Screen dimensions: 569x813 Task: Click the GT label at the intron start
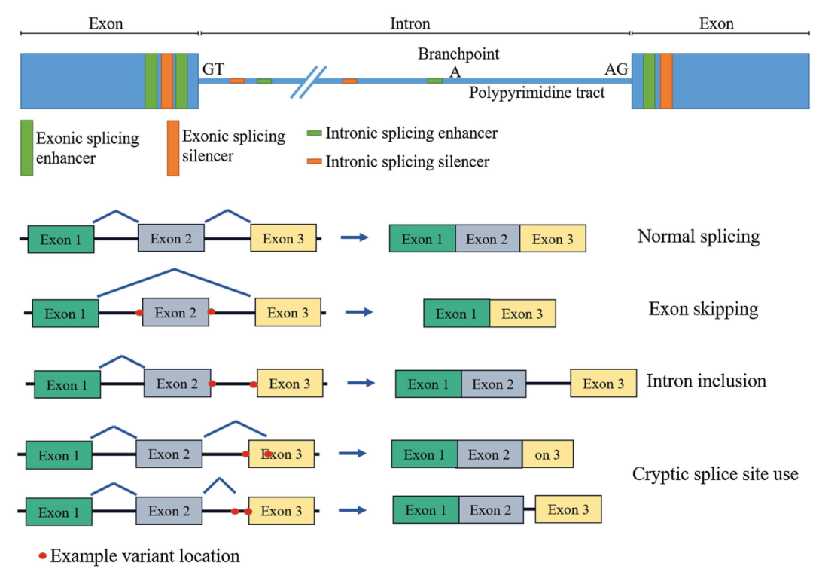coord(213,69)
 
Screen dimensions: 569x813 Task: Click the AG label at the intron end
coord(617,69)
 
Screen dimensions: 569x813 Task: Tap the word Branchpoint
coord(458,54)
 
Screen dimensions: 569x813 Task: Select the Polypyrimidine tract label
coord(537,93)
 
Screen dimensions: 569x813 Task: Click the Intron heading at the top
coord(410,24)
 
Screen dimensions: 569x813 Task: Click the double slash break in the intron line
coord(308,82)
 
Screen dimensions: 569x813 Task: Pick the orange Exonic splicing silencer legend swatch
coord(173,148)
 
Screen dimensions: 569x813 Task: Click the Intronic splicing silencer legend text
coord(407,161)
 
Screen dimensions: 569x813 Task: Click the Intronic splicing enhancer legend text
coord(411,133)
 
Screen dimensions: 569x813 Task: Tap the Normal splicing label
coord(699,237)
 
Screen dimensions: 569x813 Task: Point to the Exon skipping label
coord(703,309)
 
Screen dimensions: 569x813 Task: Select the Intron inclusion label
coord(706,381)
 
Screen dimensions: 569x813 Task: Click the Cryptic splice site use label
coord(715,474)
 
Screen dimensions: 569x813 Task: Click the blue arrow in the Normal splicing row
coord(354,237)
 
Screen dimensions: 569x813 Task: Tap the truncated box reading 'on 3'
coord(547,454)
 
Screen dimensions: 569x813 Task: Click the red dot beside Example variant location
coord(43,557)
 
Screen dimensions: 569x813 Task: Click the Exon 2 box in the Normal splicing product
coord(487,239)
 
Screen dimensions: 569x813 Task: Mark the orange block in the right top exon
coord(666,81)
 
